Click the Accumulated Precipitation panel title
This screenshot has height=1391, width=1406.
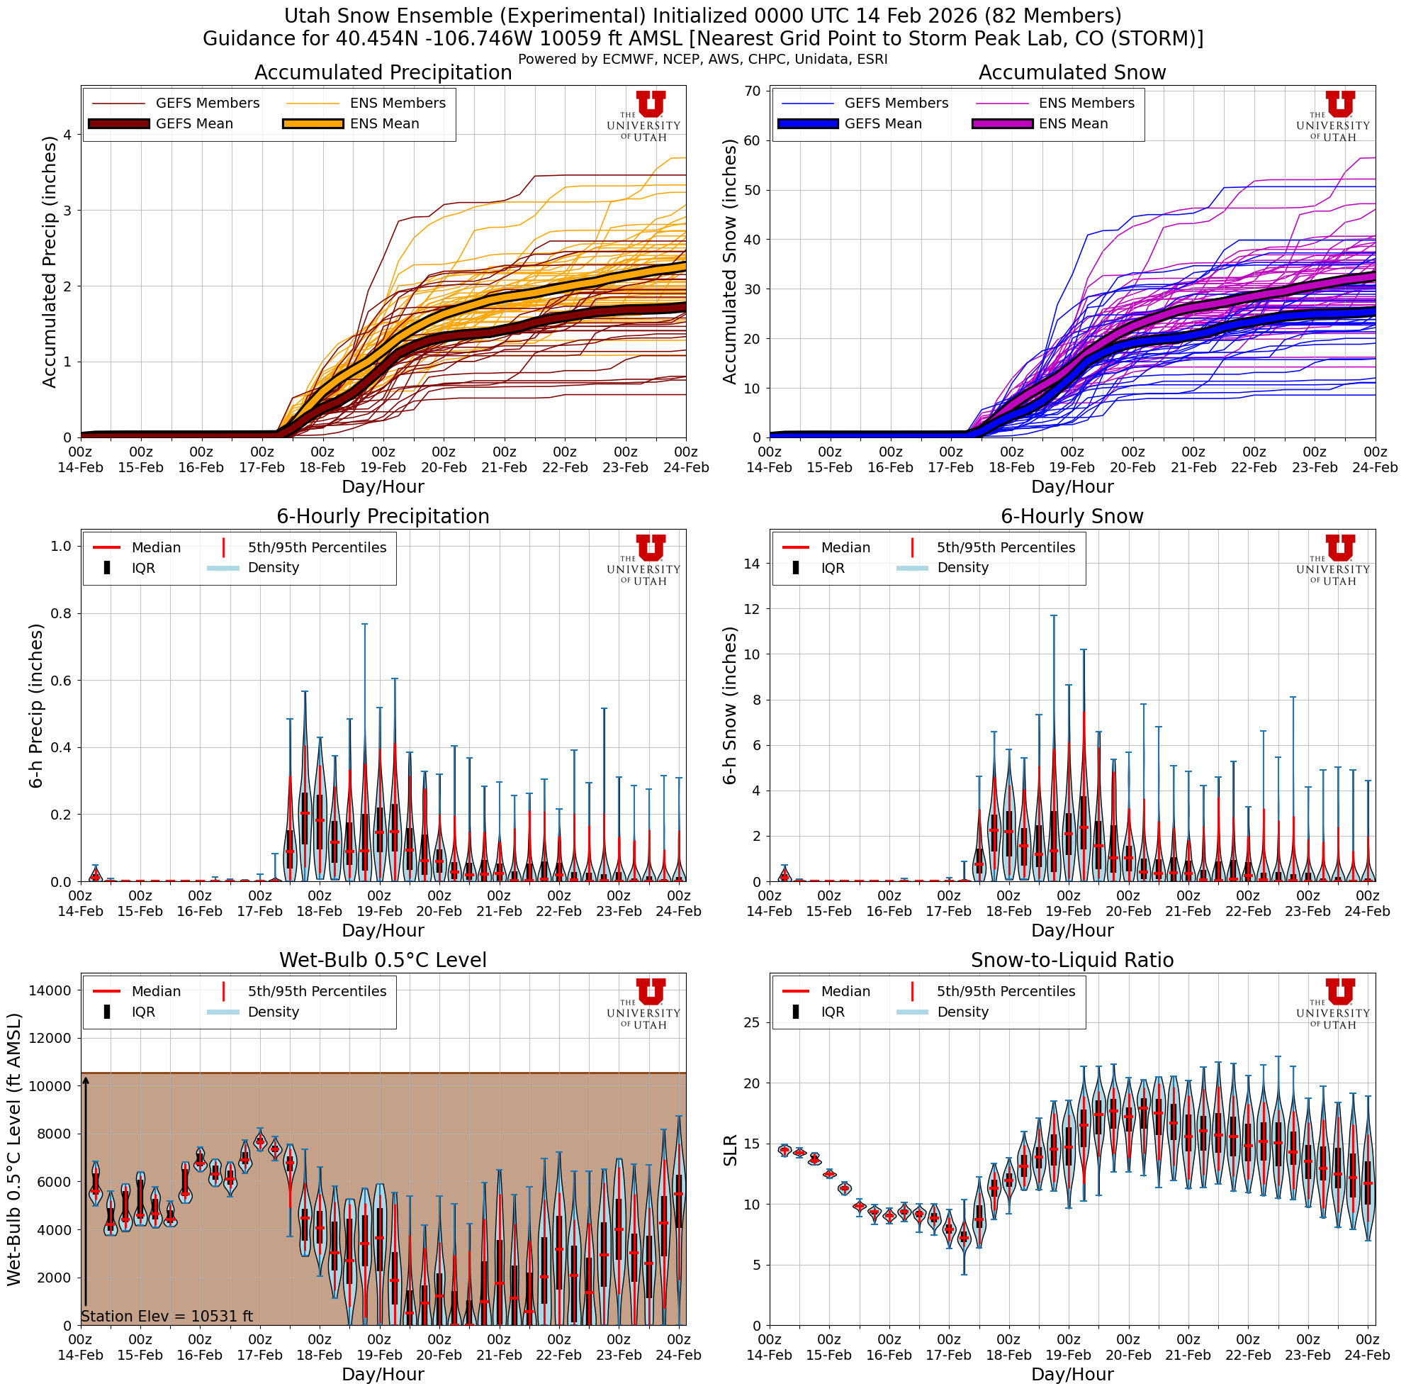[x=383, y=73]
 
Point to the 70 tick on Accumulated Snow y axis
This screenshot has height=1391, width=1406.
[x=752, y=91]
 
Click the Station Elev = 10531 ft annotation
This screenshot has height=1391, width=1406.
[x=167, y=1316]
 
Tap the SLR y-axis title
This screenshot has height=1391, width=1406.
[x=730, y=1150]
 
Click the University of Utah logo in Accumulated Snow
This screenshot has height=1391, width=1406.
[x=1332, y=116]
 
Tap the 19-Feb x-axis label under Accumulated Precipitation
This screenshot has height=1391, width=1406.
[x=383, y=468]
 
